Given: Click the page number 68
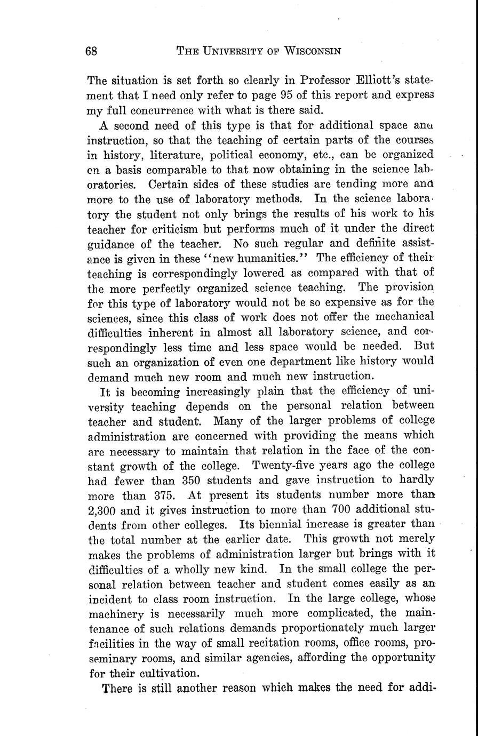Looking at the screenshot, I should [91, 51].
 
